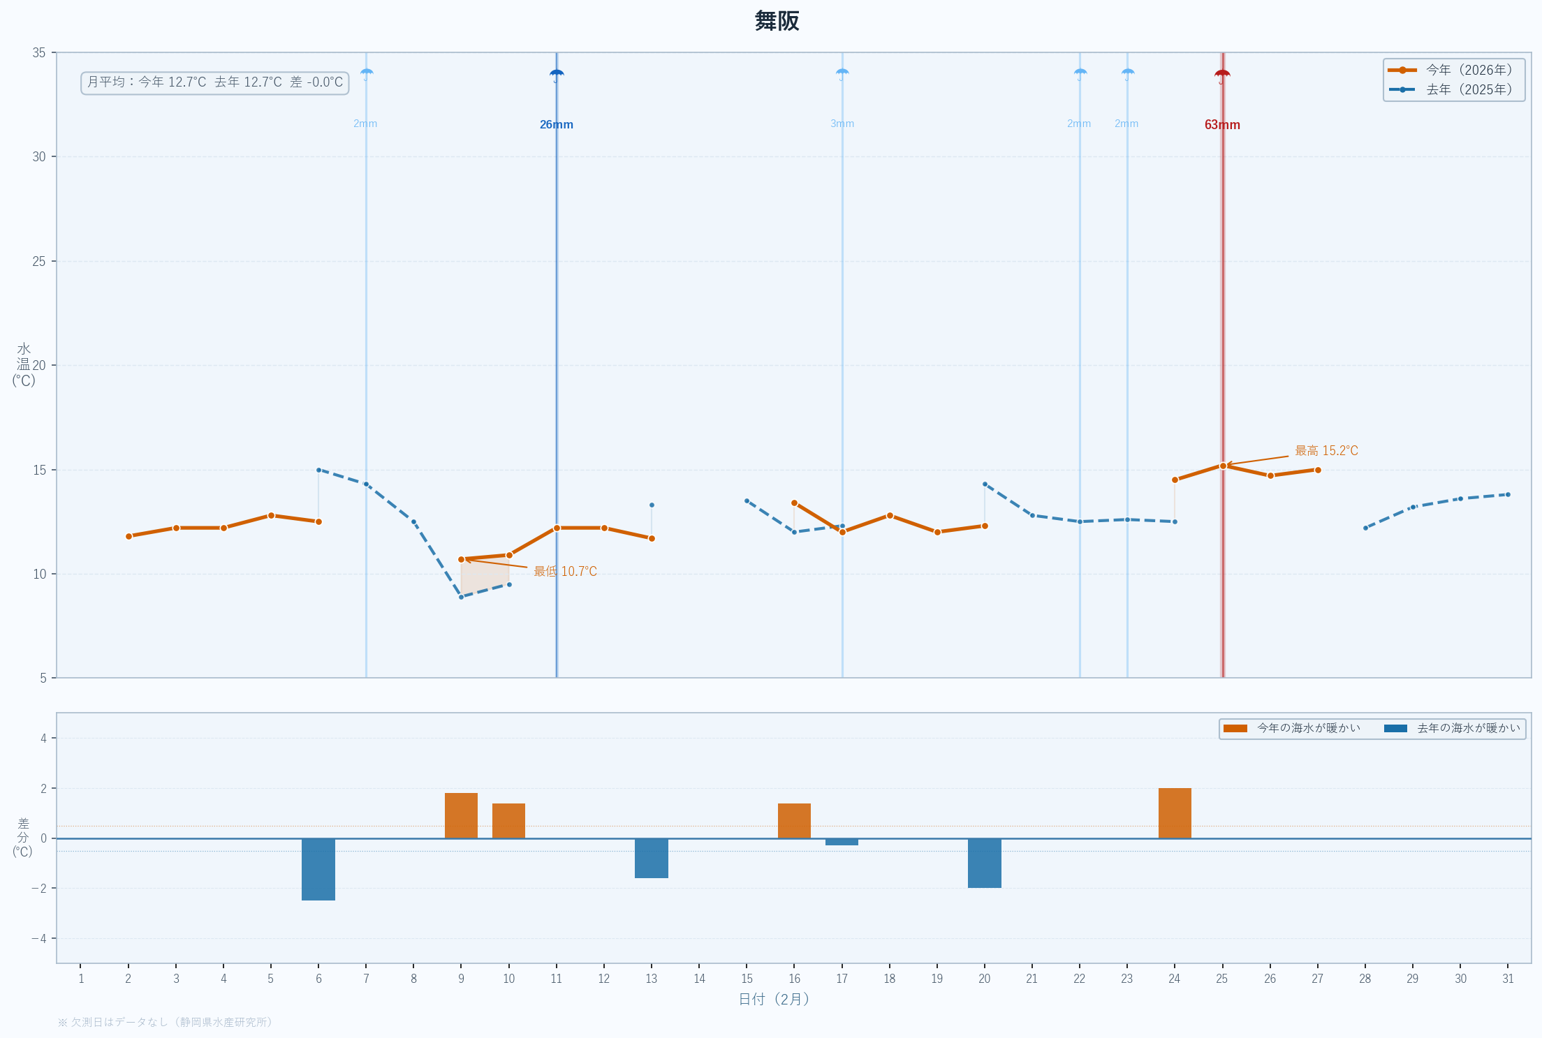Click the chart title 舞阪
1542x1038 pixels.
tap(777, 21)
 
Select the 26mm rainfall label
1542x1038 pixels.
tap(556, 125)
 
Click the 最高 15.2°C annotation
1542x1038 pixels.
tap(1326, 451)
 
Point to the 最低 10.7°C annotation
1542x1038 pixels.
tap(565, 572)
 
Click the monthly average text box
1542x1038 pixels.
tap(215, 82)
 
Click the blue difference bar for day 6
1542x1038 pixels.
tap(318, 869)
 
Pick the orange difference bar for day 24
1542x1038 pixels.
tap(1175, 813)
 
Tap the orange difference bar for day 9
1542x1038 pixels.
tap(461, 815)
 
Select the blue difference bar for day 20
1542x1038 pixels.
tap(984, 863)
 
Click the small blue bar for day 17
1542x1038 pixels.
tap(842, 842)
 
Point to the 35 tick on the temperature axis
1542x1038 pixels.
tap(39, 53)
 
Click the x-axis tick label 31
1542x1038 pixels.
tap(1508, 979)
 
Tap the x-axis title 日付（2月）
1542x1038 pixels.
tap(774, 1000)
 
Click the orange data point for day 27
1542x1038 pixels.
tap(1318, 470)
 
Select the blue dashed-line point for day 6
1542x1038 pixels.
tap(318, 470)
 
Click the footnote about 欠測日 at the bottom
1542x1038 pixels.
tap(165, 1022)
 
